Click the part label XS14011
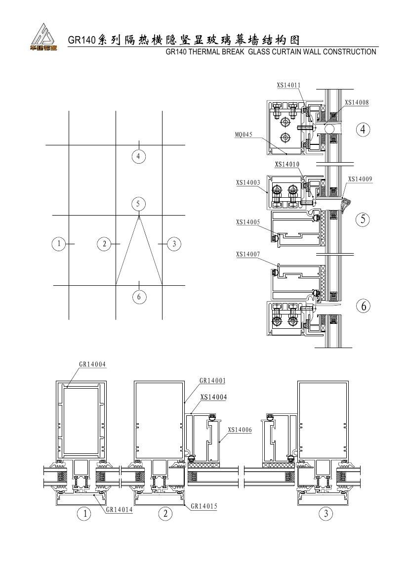coord(288,85)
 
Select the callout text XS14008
coord(357,102)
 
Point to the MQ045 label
coord(244,134)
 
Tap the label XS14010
coord(287,165)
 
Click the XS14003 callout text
coord(248,182)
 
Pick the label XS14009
coord(360,179)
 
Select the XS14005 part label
coord(248,222)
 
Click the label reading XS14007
coord(248,254)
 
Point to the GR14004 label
coord(92,364)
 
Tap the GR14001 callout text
coord(212,381)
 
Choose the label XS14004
coord(213,398)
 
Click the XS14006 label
coord(240,430)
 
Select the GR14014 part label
coord(120,510)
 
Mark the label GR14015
coord(204,506)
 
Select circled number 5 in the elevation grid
coord(138,204)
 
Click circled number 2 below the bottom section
coord(165,514)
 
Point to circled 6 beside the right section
coord(364,306)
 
